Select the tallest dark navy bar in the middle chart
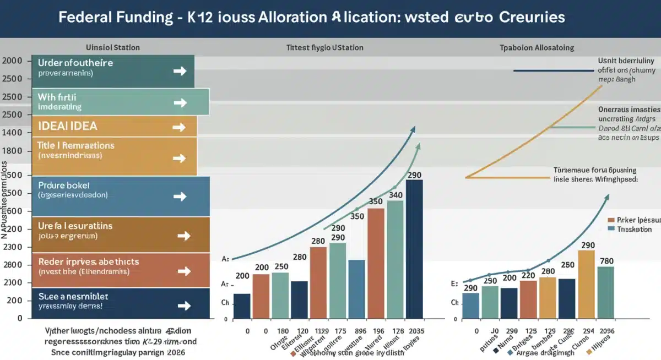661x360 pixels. (414, 248)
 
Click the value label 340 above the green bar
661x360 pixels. (395, 194)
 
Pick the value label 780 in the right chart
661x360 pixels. (606, 260)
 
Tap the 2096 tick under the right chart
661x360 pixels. (606, 331)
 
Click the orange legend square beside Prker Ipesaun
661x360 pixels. (610, 219)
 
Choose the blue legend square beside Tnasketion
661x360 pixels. (610, 229)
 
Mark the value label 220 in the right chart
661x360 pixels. (528, 275)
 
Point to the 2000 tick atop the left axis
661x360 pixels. (12, 61)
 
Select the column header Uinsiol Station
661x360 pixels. (113, 47)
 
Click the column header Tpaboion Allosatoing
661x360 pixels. (538, 48)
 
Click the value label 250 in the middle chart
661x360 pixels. (281, 266)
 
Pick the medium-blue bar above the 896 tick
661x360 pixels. (356, 289)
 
